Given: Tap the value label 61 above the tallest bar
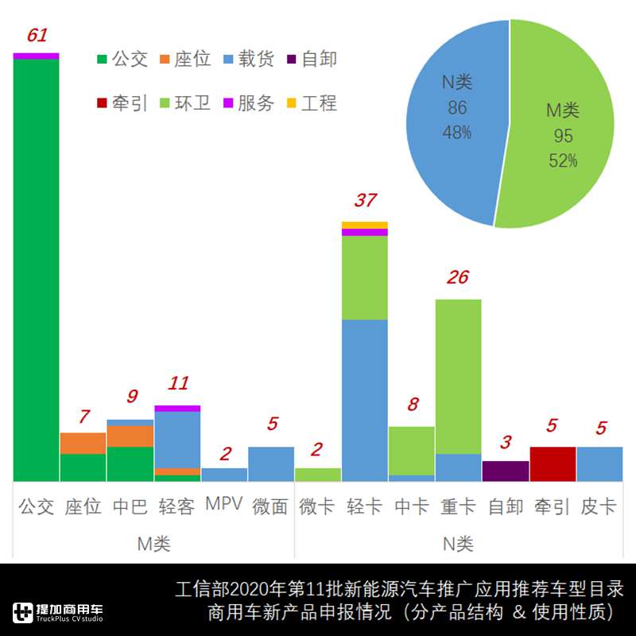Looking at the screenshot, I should click(37, 36).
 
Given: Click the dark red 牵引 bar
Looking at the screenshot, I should click(553, 463).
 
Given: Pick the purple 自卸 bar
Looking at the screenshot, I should click(506, 471).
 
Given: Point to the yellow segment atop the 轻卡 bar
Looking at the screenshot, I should click(365, 225).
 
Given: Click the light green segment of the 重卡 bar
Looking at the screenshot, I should click(459, 374).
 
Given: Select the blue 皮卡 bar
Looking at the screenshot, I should click(599, 463).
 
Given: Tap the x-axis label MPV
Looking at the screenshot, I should click(223, 504).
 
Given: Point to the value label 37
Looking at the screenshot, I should click(366, 200).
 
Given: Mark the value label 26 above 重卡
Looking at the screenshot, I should click(459, 277).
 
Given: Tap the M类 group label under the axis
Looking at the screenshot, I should click(153, 544).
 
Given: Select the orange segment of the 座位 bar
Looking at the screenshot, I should click(83, 443).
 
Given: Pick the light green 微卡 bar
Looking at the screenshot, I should click(318, 474).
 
